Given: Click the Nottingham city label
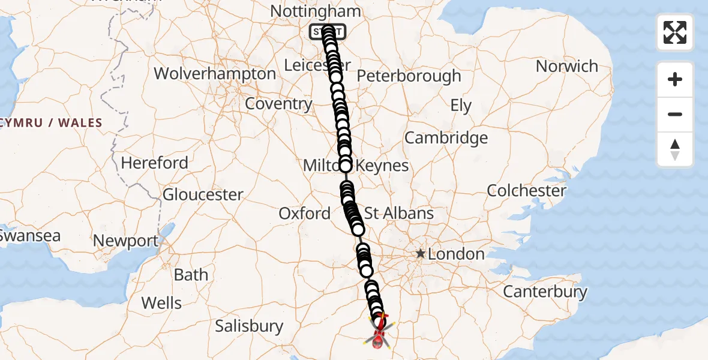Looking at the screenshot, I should click(x=316, y=11).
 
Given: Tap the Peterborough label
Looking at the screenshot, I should click(x=409, y=76).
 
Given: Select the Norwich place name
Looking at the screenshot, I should click(x=566, y=66).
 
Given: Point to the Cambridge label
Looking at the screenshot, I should click(x=446, y=138).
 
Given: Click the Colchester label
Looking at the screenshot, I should click(x=526, y=191).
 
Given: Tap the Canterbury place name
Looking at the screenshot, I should click(x=545, y=292).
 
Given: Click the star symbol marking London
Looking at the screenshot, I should click(x=421, y=254).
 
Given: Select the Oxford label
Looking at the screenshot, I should click(x=304, y=213).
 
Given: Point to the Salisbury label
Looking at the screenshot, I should click(x=249, y=326).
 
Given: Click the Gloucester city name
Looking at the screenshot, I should click(x=203, y=194).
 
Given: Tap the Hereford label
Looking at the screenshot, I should click(x=154, y=163).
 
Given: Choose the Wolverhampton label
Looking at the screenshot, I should click(x=215, y=74).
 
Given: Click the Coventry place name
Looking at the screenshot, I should click(x=278, y=104).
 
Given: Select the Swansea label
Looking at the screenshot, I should click(x=29, y=236).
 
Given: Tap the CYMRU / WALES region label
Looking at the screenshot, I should click(x=52, y=123).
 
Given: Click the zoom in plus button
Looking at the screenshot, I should click(x=675, y=79).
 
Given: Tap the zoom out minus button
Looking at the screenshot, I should click(x=675, y=114).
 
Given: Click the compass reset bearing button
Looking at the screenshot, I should click(x=675, y=149).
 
